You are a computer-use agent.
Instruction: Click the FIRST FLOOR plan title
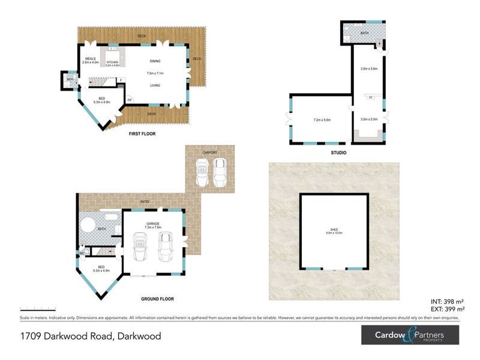point(142,134)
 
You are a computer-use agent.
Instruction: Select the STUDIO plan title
point(338,153)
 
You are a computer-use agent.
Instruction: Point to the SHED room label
point(334,229)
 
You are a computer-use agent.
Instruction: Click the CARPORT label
point(209,152)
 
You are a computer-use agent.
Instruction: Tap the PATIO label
point(145,202)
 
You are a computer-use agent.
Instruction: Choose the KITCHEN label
point(113,62)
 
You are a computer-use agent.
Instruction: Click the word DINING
point(155,61)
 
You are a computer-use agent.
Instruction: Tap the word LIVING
point(155,85)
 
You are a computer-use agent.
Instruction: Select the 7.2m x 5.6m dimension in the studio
point(322,120)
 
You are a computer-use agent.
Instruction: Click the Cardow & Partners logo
point(410,335)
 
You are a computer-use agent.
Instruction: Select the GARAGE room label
point(152,223)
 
